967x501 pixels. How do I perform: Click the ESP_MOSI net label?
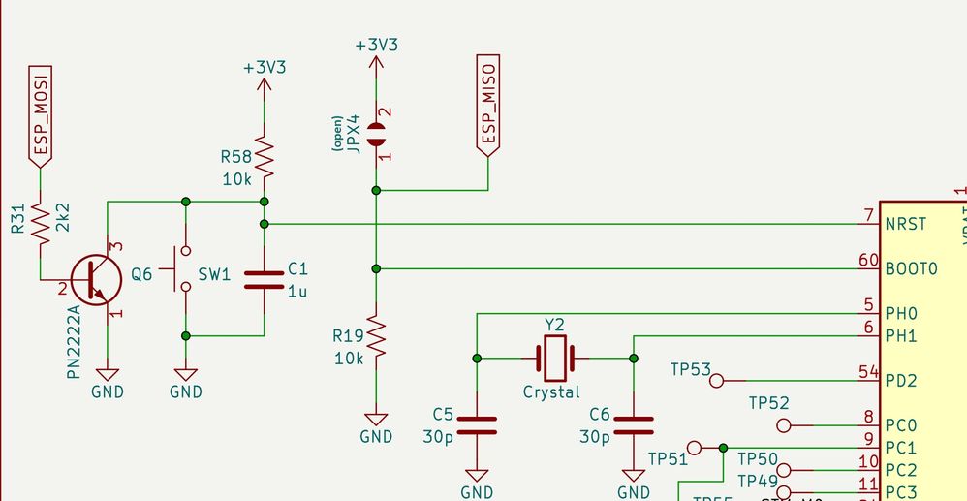(x=40, y=116)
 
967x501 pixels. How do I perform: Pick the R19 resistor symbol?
(x=376, y=336)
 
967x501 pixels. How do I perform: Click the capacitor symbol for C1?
(x=264, y=280)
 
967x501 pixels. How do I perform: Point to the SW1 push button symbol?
(x=184, y=269)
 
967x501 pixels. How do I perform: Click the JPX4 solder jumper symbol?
(x=376, y=134)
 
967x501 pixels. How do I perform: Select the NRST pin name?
(x=905, y=224)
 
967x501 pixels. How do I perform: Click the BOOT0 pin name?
(x=911, y=268)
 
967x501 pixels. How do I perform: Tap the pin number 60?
(x=867, y=261)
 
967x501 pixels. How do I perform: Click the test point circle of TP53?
(x=717, y=381)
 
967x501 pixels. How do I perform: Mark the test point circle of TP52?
(x=785, y=425)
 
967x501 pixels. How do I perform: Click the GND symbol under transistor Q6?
(x=108, y=378)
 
